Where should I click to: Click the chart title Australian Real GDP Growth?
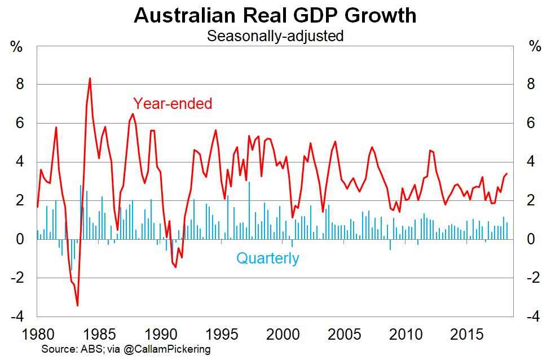pyautogui.click(x=275, y=15)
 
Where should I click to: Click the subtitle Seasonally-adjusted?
pyautogui.click(x=275, y=36)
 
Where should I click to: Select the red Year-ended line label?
pyautogui.click(x=173, y=104)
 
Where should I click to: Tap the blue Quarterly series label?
pyautogui.click(x=267, y=259)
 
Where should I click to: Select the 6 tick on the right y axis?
pyautogui.click(x=530, y=123)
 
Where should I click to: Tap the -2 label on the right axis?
pyautogui.click(x=533, y=278)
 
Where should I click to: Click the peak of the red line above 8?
pyautogui.click(x=90, y=78)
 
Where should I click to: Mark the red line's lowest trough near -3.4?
pyautogui.click(x=77, y=305)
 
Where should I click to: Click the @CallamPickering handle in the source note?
pyautogui.click(x=167, y=349)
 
